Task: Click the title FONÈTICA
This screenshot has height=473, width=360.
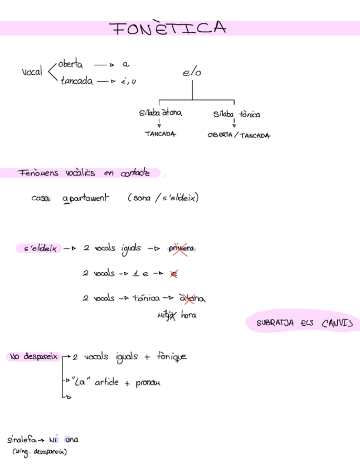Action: (x=168, y=28)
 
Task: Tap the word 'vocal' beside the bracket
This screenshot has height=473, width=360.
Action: (x=32, y=73)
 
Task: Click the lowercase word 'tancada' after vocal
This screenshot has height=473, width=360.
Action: (x=77, y=81)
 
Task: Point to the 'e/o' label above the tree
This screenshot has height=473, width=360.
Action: (x=191, y=73)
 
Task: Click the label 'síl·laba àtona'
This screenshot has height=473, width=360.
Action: (x=160, y=113)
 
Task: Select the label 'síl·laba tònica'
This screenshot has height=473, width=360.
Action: (x=236, y=114)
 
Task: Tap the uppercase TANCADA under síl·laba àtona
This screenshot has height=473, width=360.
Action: (x=160, y=134)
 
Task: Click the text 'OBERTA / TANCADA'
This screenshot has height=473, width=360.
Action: (x=239, y=136)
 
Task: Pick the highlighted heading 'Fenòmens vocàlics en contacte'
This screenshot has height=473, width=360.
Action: (x=84, y=173)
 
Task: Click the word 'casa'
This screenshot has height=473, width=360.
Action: (x=41, y=198)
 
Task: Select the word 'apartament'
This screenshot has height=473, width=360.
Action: (x=86, y=199)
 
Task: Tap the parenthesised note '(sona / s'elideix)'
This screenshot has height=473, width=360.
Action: (x=163, y=198)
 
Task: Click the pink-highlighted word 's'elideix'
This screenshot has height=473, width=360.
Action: (x=40, y=249)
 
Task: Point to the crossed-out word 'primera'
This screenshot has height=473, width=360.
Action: (x=181, y=249)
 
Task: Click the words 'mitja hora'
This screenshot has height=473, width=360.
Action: (x=177, y=316)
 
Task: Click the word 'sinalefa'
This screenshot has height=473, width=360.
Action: (x=22, y=440)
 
